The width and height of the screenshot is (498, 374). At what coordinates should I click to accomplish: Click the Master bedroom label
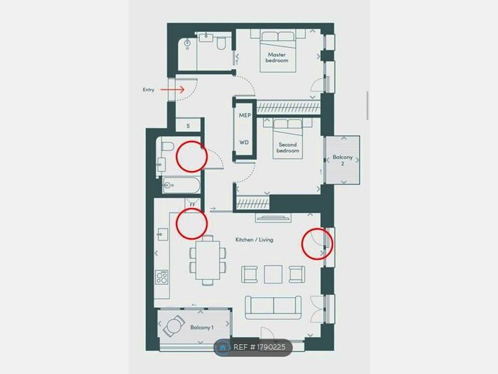pyautogui.click(x=277, y=58)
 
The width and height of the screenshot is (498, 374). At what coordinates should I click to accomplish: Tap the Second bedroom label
pyautogui.click(x=287, y=147)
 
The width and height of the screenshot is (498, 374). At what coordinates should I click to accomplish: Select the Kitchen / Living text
pyautogui.click(x=254, y=239)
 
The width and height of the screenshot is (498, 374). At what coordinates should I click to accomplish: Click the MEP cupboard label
pyautogui.click(x=244, y=114)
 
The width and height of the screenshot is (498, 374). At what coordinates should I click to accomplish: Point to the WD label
pyautogui.click(x=244, y=142)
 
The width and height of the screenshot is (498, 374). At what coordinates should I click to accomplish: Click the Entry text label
pyautogui.click(x=148, y=90)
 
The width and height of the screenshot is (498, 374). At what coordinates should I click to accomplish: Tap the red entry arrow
pyautogui.click(x=172, y=90)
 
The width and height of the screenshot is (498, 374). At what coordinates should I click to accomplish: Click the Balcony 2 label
pyautogui.click(x=342, y=160)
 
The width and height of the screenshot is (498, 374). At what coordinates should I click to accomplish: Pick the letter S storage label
pyautogui.click(x=189, y=125)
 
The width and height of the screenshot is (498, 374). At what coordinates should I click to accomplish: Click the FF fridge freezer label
pyautogui.click(x=192, y=204)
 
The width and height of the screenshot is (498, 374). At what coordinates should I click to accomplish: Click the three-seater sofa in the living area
pyautogui.click(x=274, y=306)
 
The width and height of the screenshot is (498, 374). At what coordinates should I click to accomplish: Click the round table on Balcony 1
pyautogui.click(x=174, y=327)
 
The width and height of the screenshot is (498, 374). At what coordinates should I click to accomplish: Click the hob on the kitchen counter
pyautogui.click(x=162, y=276)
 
